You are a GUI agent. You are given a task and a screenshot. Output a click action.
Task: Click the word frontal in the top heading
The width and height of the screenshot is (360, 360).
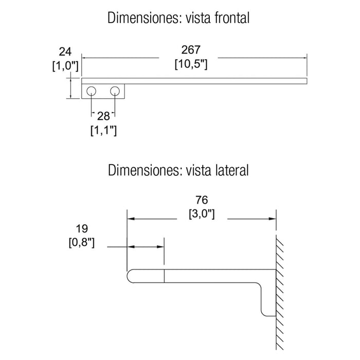point(232,18)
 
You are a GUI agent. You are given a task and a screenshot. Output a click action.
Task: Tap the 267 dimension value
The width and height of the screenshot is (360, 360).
point(191,50)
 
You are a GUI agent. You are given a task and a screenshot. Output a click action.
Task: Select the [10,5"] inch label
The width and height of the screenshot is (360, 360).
point(191,64)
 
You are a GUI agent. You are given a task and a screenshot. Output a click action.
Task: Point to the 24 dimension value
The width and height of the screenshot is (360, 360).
point(65,52)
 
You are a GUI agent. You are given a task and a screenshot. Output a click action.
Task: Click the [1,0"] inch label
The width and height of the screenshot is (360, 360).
point(65,66)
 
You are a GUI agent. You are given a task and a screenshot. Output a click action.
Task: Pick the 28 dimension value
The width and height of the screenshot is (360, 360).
point(103,116)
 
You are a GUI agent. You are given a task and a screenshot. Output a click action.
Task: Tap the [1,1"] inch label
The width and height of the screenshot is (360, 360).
point(103,131)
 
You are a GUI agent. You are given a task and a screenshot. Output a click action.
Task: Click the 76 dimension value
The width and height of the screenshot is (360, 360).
point(202,200)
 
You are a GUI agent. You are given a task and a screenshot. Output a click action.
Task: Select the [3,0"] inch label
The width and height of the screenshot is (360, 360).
point(202,214)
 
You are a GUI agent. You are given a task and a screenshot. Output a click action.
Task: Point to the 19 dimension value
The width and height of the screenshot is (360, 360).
point(82,229)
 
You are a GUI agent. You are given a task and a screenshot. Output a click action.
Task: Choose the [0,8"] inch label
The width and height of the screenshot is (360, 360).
point(81,242)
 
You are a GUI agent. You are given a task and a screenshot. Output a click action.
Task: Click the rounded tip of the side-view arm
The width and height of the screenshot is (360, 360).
point(127,276)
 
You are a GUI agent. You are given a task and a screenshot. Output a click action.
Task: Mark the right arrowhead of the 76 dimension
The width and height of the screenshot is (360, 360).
point(273,219)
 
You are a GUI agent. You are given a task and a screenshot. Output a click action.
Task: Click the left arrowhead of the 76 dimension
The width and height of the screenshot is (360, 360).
point(131,219)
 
